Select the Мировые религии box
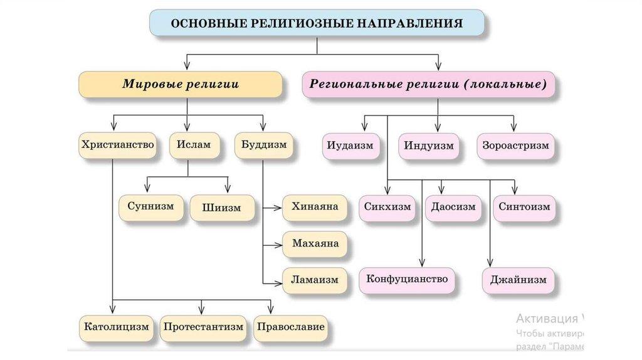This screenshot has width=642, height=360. coord(180,84)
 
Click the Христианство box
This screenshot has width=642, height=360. coord(117,145)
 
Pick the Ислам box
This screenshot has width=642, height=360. coord(190,145)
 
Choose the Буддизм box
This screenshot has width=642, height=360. coord(264,145)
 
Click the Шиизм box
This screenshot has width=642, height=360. coord(221,208)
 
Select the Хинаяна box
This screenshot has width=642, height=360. coord(314,206)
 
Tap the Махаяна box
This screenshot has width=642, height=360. coord(314,243)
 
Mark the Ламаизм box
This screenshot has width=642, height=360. coord(314,280)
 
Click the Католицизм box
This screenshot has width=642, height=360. coord(117,327)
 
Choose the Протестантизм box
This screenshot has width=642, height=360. coord(202,327)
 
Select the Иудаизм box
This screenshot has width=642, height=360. coord(350,146)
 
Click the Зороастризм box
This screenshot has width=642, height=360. coord(515,146)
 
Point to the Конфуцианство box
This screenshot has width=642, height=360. coord(407,279)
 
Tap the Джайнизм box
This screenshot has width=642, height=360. coord(518,280)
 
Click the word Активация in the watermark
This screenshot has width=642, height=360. coord(547,317)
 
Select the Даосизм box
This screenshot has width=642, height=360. coord(453,206)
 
